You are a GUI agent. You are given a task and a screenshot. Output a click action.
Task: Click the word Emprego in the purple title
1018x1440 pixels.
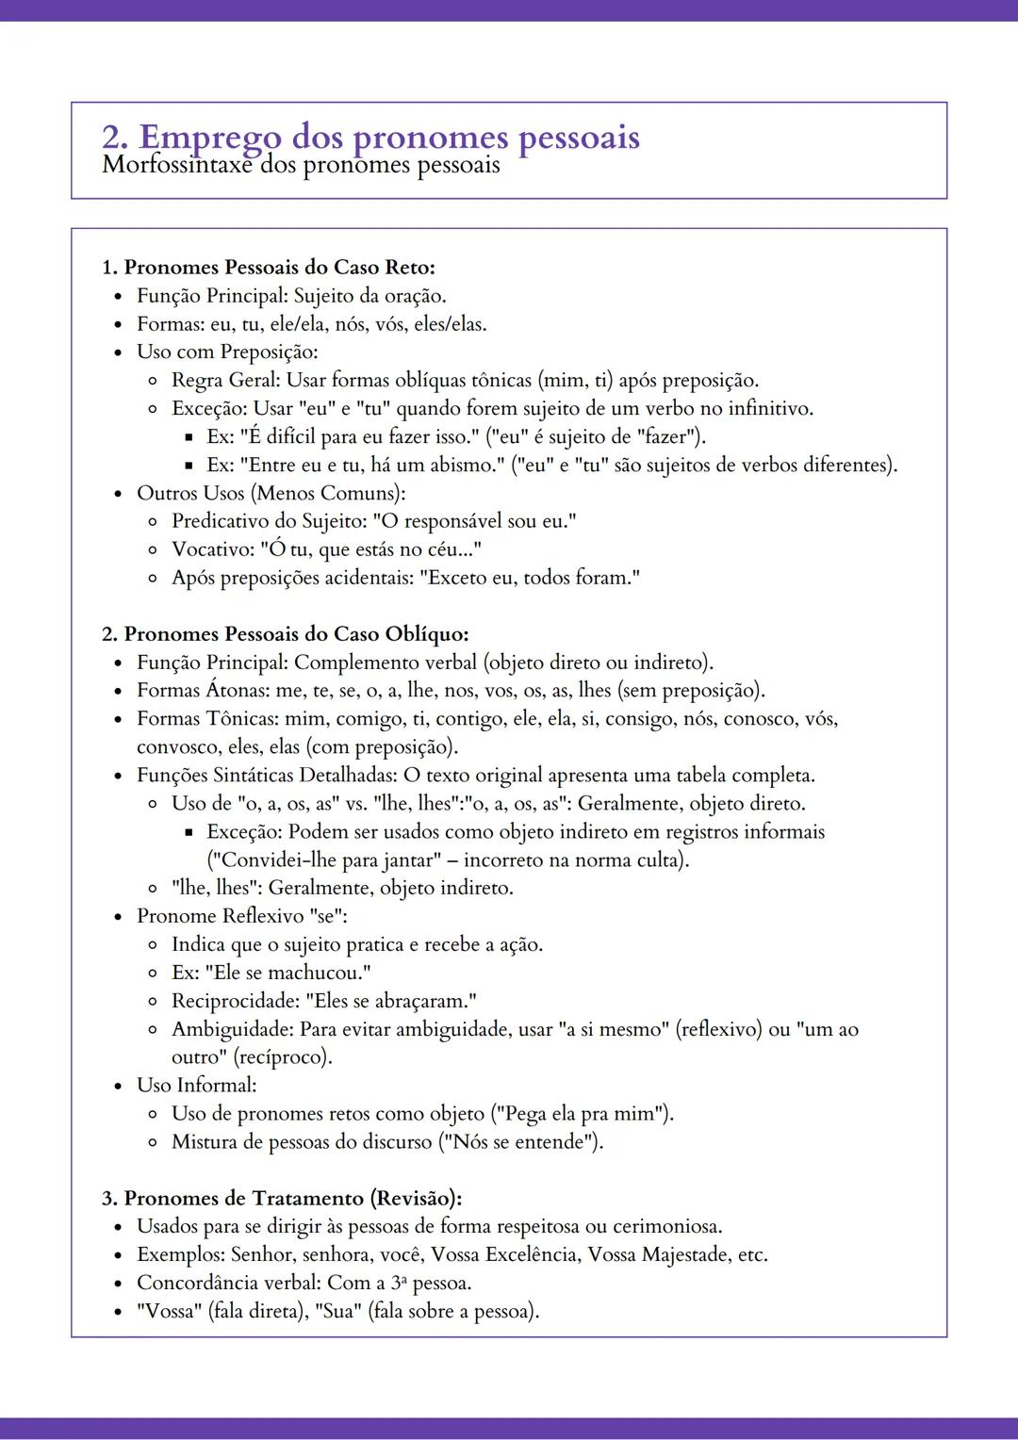208,138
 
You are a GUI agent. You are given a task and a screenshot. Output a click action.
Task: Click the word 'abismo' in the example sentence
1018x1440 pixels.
457,465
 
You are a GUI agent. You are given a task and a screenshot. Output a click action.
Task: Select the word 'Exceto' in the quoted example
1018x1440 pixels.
456,578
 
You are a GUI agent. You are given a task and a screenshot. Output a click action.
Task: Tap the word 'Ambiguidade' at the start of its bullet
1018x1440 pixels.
221,1029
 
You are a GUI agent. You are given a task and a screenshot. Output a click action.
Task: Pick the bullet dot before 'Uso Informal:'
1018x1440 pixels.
118,1086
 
